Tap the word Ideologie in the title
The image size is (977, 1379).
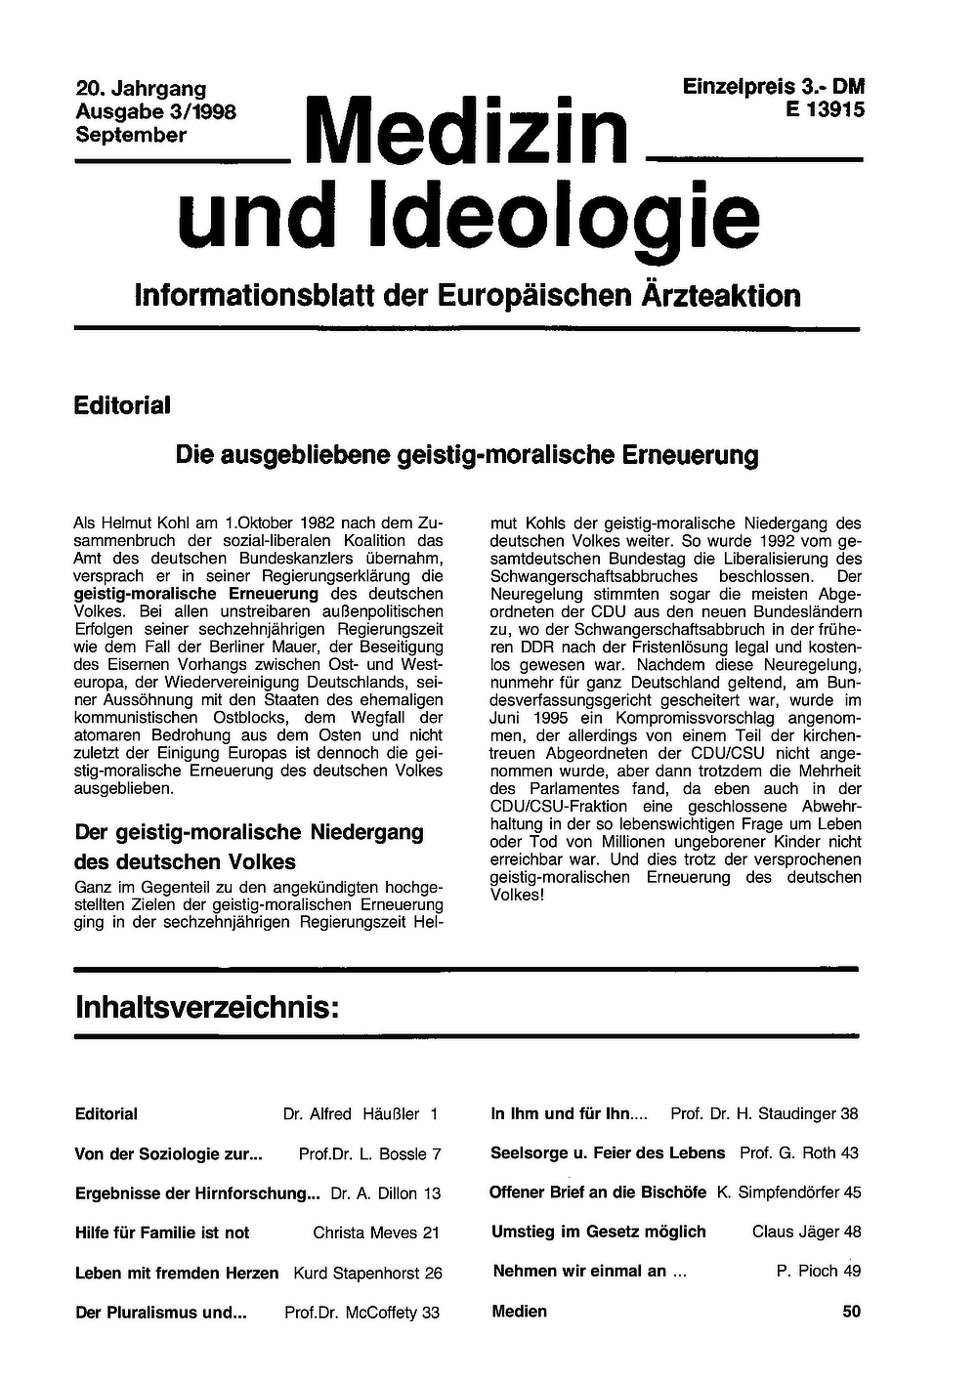click(x=566, y=217)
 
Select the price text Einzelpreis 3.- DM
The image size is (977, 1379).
click(x=774, y=86)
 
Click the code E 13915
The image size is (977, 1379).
click(x=825, y=110)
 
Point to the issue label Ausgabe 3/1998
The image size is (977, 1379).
click(x=155, y=112)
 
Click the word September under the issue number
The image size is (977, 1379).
click(x=131, y=135)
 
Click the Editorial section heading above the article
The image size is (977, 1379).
click(x=122, y=404)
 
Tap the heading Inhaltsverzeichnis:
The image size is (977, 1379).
click(x=207, y=1007)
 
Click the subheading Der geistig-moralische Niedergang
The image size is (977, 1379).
click(x=249, y=832)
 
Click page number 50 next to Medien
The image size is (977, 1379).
click(x=851, y=1312)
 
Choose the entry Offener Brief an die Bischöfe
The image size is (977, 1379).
click(x=598, y=1192)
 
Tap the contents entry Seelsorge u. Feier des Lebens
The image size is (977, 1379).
click(x=608, y=1152)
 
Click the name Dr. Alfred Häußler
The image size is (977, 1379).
click(x=351, y=1113)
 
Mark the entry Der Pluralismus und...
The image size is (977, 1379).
click(x=160, y=1313)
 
